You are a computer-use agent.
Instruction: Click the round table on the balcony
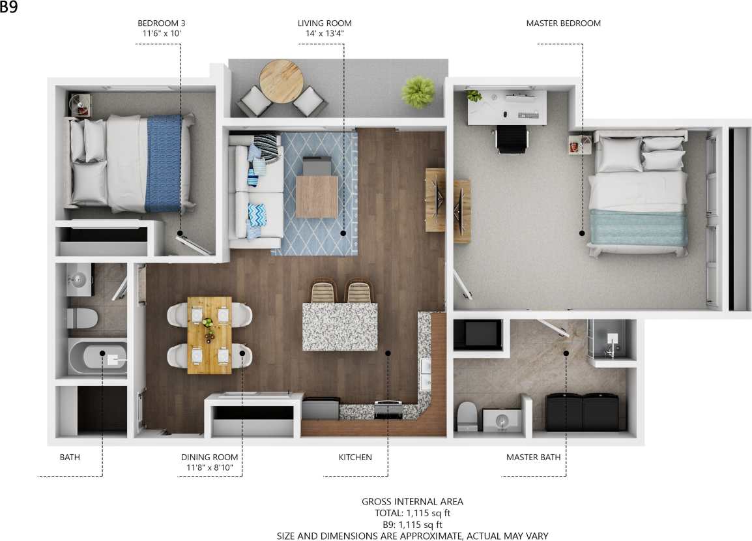pos(281,81)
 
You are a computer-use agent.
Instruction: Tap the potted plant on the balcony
pos(418,92)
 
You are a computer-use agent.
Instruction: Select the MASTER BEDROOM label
pos(563,23)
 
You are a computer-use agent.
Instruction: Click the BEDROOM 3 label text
pos(161,23)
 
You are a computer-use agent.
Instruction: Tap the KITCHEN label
pos(355,458)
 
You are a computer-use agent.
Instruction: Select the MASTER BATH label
pos(533,458)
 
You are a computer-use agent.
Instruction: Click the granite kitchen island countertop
pos(340,327)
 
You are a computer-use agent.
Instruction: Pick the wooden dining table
pos(209,335)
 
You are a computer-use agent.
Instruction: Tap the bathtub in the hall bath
pos(98,357)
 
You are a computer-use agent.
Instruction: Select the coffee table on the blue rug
pos(317,196)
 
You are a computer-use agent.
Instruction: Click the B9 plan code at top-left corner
pos(8,8)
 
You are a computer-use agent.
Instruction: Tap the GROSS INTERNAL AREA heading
pos(412,502)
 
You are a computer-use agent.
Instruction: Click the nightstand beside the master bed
pos(578,144)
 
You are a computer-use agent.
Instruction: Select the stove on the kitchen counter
pos(388,410)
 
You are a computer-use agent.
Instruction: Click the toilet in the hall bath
pos(82,318)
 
